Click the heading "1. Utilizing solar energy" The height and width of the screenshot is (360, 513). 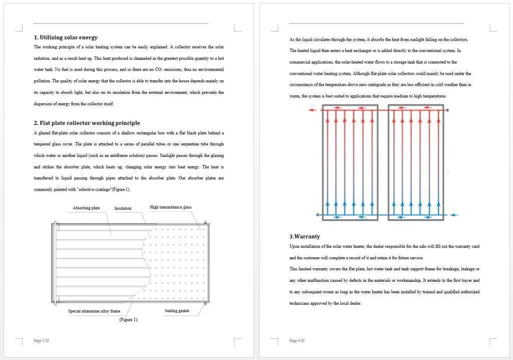pyautogui.click(x=66, y=37)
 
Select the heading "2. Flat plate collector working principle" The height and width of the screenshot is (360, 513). pyautogui.click(x=87, y=123)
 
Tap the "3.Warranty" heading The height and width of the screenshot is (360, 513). pyautogui.click(x=305, y=236)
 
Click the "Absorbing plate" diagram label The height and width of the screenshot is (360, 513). pyautogui.click(x=86, y=208)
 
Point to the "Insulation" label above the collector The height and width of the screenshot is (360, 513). pyautogui.click(x=123, y=208)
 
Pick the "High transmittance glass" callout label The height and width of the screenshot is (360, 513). pyautogui.click(x=170, y=207)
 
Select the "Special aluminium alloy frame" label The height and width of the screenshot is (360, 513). pyautogui.click(x=94, y=311)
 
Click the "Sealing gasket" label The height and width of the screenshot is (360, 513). pyautogui.click(x=177, y=311)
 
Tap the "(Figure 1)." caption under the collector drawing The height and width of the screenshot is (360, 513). pyautogui.click(x=128, y=319)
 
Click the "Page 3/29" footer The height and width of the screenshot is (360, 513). pyautogui.click(x=41, y=341)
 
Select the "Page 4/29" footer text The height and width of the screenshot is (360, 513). pyautogui.click(x=297, y=341)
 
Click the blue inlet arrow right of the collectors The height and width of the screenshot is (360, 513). pyautogui.click(x=453, y=215)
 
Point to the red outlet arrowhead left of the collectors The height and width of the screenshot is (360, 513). pyautogui.click(x=311, y=110)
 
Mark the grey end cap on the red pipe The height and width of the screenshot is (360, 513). pyautogui.click(x=447, y=110)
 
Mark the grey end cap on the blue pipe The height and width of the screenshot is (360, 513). pyautogui.click(x=318, y=215)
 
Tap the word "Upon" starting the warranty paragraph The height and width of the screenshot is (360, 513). pyautogui.click(x=294, y=246)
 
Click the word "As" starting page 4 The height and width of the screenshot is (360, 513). pyautogui.click(x=292, y=39)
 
